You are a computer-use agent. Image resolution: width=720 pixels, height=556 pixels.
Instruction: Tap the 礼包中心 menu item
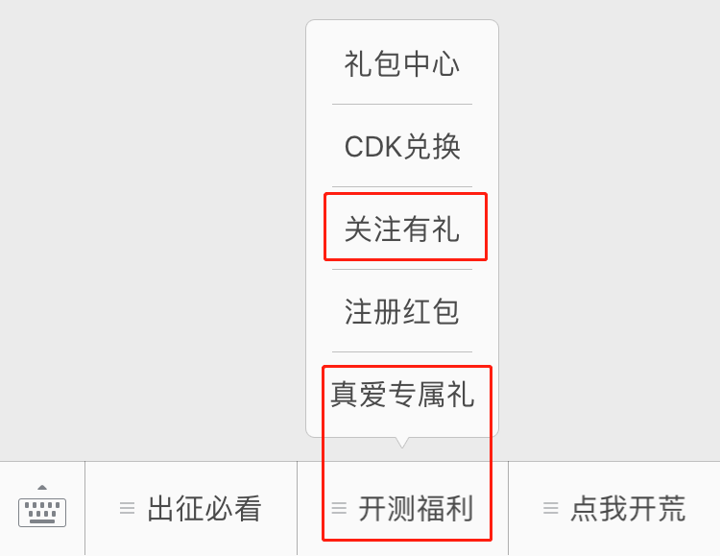point(402,64)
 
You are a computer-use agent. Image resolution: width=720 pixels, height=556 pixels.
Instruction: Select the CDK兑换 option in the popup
point(402,147)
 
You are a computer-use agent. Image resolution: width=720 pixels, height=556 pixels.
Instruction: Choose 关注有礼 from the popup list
point(402,230)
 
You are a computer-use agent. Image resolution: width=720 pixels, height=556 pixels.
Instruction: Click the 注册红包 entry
point(402,312)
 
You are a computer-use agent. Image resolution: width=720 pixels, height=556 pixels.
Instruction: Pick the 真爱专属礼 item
point(402,395)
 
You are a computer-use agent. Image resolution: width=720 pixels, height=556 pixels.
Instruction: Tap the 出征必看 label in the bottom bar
point(204,509)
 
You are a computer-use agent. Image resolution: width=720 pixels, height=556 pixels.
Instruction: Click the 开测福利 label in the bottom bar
point(416,509)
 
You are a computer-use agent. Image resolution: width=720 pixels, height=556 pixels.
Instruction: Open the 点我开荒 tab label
point(628,509)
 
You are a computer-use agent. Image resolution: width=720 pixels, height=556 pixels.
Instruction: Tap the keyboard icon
point(42,512)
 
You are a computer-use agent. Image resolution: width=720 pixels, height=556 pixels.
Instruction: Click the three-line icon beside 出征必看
point(127,509)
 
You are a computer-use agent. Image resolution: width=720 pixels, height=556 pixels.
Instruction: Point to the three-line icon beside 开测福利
point(339,509)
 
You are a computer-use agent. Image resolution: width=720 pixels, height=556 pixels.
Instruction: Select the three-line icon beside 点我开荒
point(550,509)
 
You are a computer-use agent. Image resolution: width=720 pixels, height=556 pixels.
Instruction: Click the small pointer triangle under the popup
point(402,442)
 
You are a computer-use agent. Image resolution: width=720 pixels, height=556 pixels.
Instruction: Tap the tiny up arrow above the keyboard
point(42,488)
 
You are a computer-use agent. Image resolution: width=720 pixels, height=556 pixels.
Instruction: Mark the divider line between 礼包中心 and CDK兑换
point(402,104)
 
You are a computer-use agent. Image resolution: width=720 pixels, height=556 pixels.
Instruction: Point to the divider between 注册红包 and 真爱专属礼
point(402,351)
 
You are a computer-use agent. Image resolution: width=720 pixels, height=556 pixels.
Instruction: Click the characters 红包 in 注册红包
point(431,312)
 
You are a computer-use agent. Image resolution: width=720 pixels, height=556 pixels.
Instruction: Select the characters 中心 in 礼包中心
point(431,64)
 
